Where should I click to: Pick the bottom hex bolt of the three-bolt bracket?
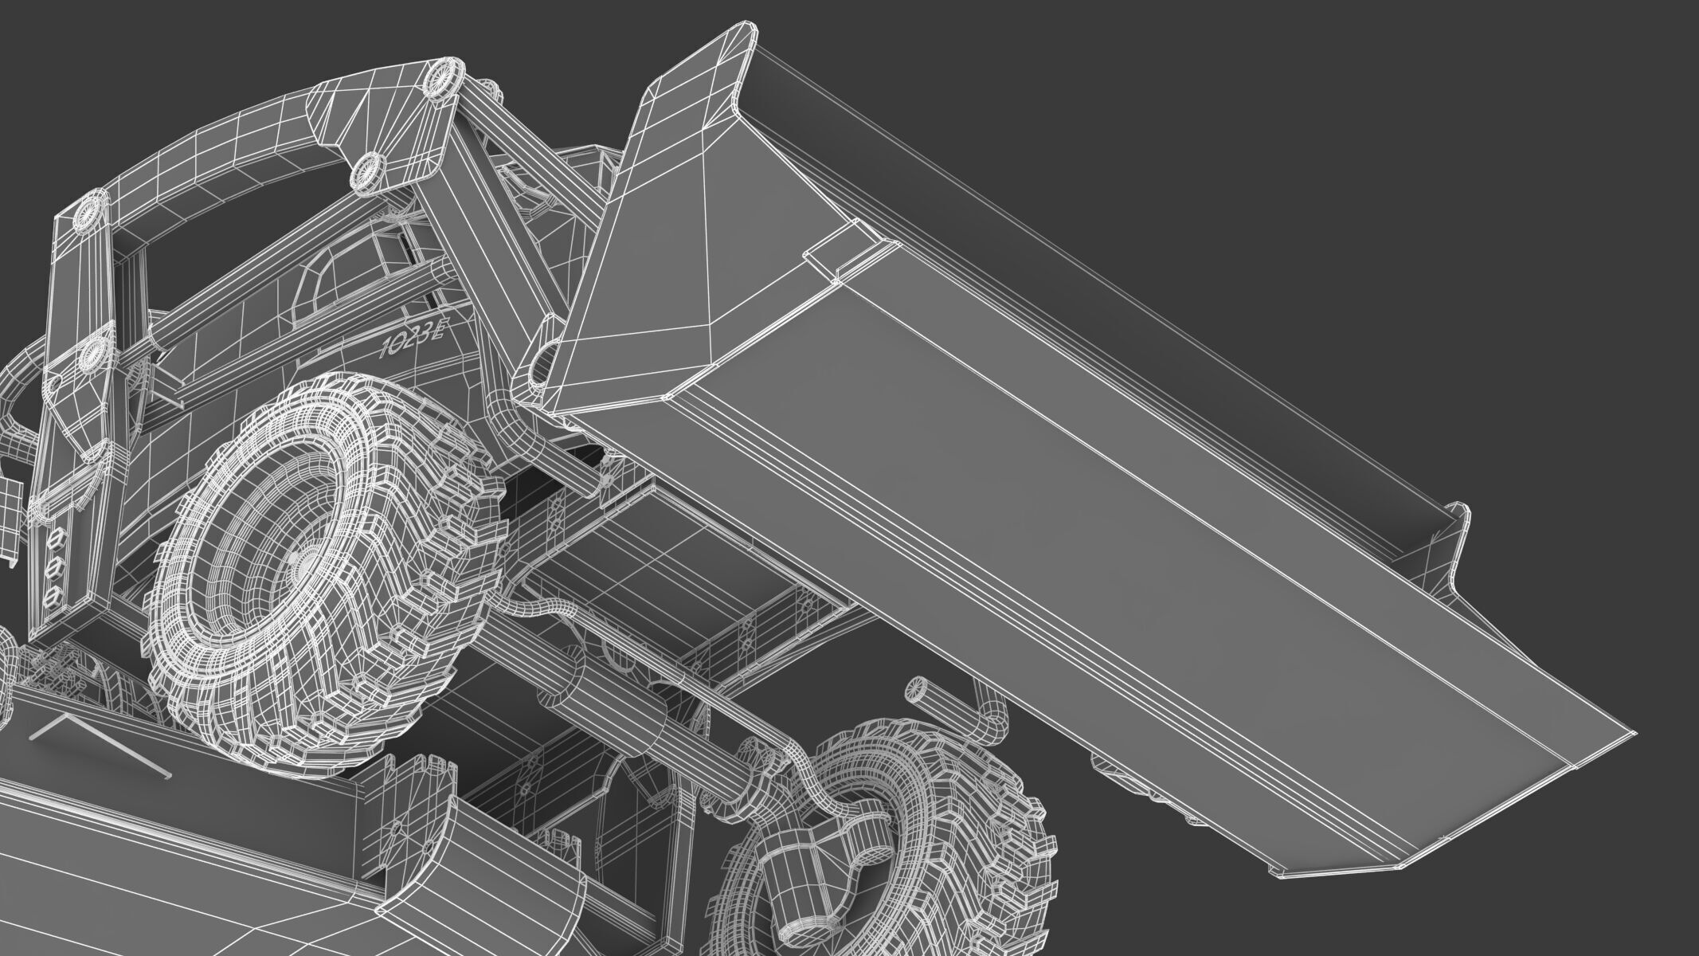click(53, 596)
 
